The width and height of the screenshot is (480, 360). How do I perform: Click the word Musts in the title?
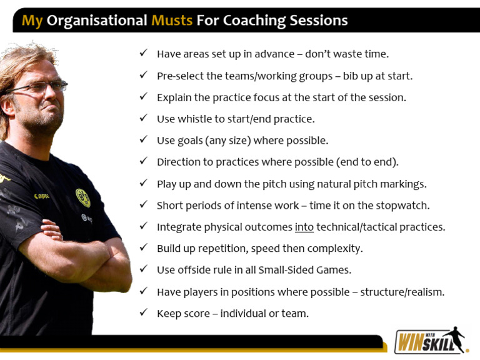tap(172, 20)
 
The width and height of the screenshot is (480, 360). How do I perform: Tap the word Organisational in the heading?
tap(97, 20)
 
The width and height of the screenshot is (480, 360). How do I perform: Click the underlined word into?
tap(304, 227)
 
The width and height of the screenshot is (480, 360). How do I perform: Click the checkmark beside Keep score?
tap(144, 312)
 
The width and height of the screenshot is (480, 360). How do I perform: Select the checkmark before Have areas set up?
tap(144, 53)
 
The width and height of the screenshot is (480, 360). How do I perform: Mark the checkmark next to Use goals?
tap(144, 139)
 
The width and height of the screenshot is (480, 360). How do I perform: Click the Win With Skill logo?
tap(431, 341)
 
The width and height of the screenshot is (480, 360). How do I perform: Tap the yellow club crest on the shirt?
tap(82, 197)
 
